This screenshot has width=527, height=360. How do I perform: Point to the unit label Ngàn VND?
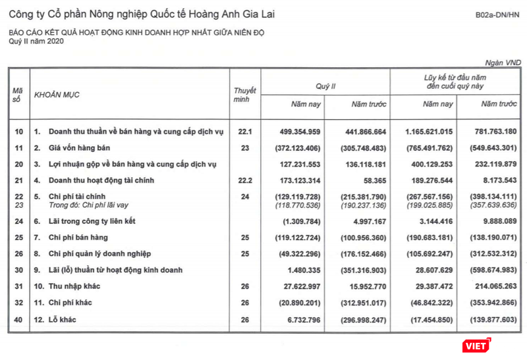click(503, 61)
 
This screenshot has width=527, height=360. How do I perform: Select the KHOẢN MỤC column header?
click(57, 95)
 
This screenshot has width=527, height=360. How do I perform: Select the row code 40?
click(18, 320)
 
